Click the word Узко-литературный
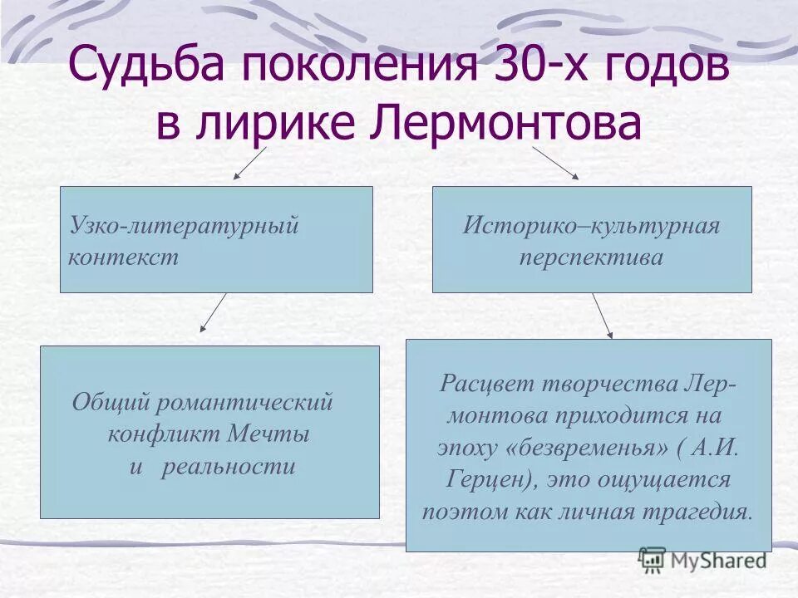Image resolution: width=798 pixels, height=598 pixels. click(x=184, y=226)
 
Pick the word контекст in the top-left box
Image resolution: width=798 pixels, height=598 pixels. click(x=123, y=257)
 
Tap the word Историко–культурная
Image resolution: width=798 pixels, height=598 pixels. click(x=591, y=226)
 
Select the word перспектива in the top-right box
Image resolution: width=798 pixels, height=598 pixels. click(x=591, y=257)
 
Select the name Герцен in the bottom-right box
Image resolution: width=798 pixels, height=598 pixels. click(x=475, y=478)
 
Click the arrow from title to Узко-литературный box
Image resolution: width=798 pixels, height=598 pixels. click(x=249, y=164)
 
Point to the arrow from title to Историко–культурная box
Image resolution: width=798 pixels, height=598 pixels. click(x=555, y=163)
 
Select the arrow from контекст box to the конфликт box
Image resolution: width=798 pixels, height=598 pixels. click(x=214, y=312)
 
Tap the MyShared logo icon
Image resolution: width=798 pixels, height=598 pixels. click(x=653, y=558)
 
